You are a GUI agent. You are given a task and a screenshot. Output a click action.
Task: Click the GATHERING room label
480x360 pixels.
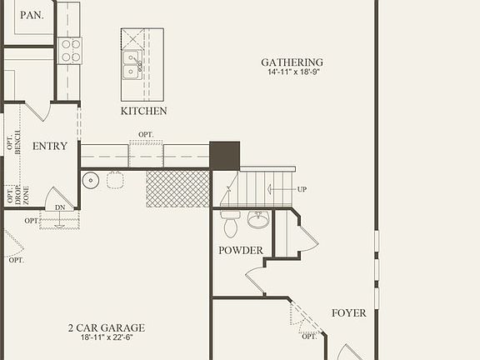coord(292,62)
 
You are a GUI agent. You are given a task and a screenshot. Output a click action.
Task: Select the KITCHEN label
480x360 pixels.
coord(143,111)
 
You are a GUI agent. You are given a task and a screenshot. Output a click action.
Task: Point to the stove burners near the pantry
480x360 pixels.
coord(71,51)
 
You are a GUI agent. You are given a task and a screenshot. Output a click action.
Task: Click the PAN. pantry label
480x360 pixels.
coord(31,14)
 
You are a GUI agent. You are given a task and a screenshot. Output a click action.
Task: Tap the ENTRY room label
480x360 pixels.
coord(49,147)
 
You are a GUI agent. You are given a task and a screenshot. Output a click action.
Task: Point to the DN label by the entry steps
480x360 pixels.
coord(59,207)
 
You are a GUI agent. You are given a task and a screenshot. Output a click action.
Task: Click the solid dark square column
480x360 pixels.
coord(224,155)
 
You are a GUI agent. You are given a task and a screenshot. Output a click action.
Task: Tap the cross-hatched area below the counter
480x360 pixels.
coord(177,188)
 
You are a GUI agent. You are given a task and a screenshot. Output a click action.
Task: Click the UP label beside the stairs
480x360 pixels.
coord(302,189)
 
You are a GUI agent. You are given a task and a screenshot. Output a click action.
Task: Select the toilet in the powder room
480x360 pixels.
coord(231,222)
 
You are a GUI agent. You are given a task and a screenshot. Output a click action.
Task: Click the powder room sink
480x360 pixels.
coord(258,221)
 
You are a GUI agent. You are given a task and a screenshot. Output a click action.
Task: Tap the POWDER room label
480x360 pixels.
coord(241,251)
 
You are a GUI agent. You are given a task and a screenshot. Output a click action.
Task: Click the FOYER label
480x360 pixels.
coord(348,313)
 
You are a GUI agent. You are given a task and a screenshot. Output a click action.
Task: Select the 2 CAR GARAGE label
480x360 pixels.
coord(106,327)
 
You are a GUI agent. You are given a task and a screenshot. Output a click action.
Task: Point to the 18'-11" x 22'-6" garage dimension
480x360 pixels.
coord(106,338)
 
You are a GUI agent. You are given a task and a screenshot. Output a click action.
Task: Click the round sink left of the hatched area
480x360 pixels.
coord(91,180)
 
